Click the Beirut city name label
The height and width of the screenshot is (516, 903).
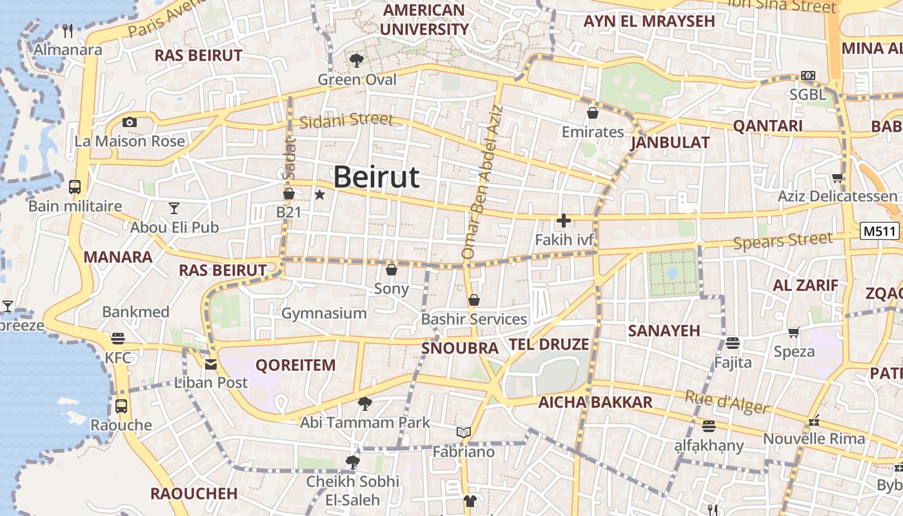[x=377, y=177]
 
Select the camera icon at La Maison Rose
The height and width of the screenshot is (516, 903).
[x=130, y=122]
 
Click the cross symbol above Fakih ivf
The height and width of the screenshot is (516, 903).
[x=564, y=221]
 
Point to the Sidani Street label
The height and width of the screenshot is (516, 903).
[x=346, y=120]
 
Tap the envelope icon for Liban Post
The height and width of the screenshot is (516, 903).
[x=211, y=364]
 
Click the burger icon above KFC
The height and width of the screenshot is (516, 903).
[x=117, y=338]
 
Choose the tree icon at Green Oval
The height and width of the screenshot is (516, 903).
[x=356, y=61]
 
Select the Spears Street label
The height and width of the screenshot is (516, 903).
[x=783, y=241]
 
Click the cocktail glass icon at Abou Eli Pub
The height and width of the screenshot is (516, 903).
[x=174, y=208]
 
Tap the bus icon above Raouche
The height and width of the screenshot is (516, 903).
[x=121, y=406]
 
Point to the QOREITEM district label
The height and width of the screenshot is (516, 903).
[x=295, y=365]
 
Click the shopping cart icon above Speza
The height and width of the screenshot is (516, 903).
[x=793, y=333]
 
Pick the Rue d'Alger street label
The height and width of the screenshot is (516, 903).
[x=728, y=402]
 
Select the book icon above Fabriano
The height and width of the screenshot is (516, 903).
[x=463, y=432]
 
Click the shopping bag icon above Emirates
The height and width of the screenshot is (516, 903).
[x=593, y=114]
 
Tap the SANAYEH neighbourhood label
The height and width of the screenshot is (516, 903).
[x=664, y=331]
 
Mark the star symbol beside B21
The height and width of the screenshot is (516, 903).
[x=319, y=194]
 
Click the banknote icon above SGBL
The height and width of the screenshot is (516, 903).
[x=808, y=75]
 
